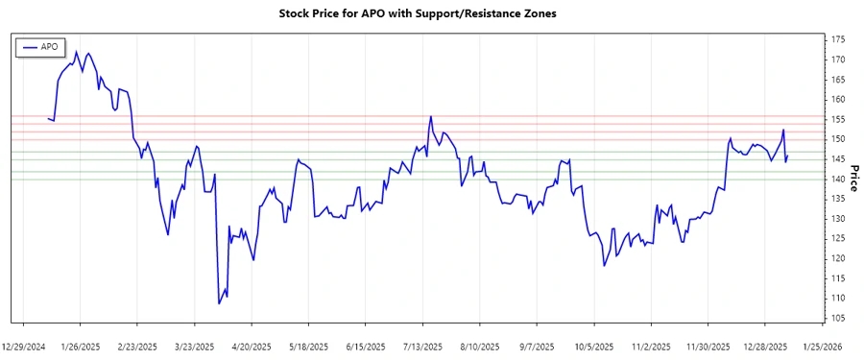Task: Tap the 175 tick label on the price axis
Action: pos(838,39)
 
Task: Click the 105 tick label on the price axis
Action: pos(838,318)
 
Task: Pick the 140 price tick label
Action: pos(838,179)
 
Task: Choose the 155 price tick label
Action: pos(838,119)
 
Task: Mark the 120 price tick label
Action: pos(838,258)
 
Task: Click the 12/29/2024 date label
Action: pos(25,346)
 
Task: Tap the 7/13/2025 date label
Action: pos(422,346)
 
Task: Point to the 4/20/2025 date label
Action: pos(252,346)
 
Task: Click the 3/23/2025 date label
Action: pos(195,346)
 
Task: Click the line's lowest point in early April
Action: pos(219,303)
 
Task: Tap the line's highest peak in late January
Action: pos(76,52)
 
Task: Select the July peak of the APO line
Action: pos(430,117)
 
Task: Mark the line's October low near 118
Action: pos(604,265)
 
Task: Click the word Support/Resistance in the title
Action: pos(472,13)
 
